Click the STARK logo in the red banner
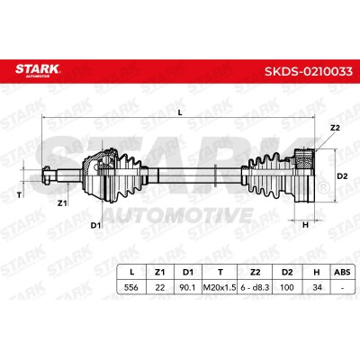tap(38, 70)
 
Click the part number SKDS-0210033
tap(309, 71)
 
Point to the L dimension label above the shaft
tap(180, 112)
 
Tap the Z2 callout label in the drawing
tap(335, 128)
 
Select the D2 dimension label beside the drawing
tap(342, 176)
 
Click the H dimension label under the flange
tap(305, 225)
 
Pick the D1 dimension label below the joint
tap(95, 225)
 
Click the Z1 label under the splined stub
tap(62, 203)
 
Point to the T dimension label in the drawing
tap(19, 195)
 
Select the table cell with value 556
tap(131, 287)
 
